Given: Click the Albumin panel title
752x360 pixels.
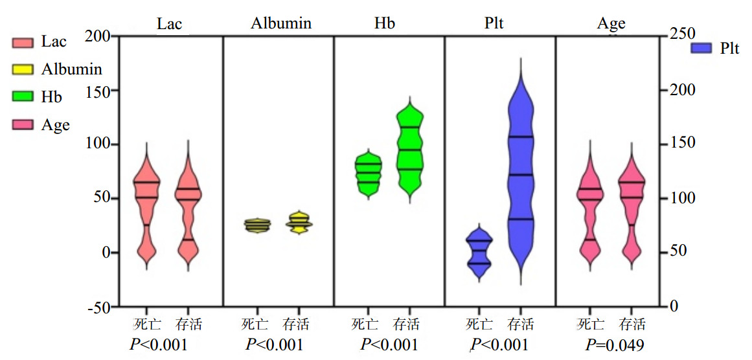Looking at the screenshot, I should click(x=281, y=24).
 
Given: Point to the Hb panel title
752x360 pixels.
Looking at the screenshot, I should click(x=385, y=24).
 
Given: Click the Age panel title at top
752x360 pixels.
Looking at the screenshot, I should click(x=611, y=24).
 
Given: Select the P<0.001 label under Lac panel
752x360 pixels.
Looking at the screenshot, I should click(x=159, y=344).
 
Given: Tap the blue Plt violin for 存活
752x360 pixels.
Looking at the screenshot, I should click(x=521, y=175).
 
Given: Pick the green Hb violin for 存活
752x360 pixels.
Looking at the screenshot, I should click(x=409, y=149).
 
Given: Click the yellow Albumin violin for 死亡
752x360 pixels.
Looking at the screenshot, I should click(x=257, y=225).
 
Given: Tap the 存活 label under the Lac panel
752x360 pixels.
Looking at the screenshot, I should click(x=188, y=324).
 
